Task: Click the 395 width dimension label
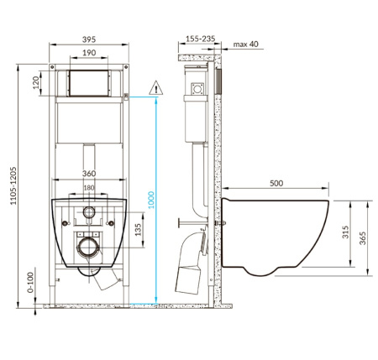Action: click(89, 39)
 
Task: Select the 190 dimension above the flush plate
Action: click(89, 53)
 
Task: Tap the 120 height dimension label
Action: click(36, 83)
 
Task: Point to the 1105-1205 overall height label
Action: click(13, 185)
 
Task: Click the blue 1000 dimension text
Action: click(151, 200)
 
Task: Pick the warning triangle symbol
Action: click(156, 88)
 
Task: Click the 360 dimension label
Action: click(89, 174)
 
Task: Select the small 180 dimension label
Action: click(89, 188)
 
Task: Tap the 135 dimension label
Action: click(139, 229)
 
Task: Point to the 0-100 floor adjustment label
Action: click(30, 282)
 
